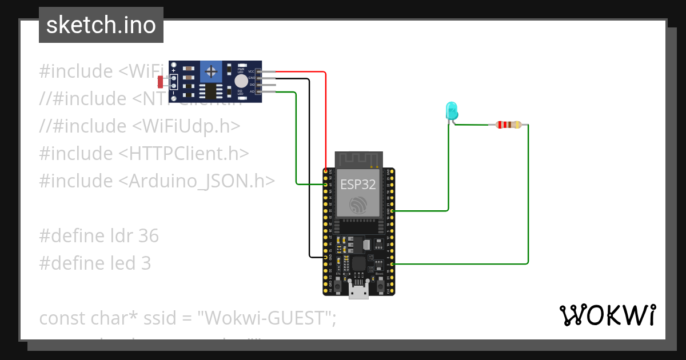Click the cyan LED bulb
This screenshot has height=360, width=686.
[x=451, y=109]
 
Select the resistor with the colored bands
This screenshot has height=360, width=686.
[x=508, y=125]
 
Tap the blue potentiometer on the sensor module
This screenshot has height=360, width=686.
[x=212, y=72]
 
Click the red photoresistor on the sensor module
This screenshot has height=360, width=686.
[x=160, y=82]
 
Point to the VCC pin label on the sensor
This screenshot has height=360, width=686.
[x=251, y=71]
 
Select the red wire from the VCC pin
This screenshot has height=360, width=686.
[x=325, y=114]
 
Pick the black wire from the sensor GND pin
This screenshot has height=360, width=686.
[x=309, y=171]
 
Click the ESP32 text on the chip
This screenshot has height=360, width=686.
[x=358, y=185]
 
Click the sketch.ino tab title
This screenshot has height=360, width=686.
[x=101, y=25]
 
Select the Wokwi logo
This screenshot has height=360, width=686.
[x=607, y=315]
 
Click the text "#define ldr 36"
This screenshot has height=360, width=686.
[x=99, y=235]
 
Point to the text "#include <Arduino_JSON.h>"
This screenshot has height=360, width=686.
[x=157, y=181]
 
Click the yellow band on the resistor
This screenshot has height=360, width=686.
[x=517, y=125]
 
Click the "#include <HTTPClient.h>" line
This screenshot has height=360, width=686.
[x=144, y=153]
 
